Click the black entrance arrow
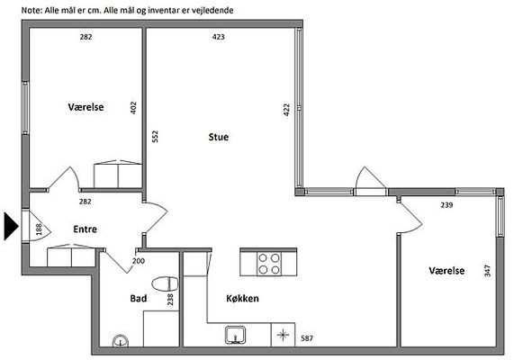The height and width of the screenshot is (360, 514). [11, 226]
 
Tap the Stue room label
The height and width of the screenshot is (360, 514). [219, 137]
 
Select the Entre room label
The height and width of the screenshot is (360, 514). [85, 229]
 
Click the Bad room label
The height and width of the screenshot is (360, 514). [139, 299]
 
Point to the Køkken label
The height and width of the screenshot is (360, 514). [242, 299]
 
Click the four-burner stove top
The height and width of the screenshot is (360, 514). [269, 264]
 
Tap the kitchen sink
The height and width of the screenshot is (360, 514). [236, 335]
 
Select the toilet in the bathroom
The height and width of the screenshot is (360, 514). [166, 284]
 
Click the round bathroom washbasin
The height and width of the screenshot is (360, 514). [121, 341]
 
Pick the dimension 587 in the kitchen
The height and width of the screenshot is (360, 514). [307, 338]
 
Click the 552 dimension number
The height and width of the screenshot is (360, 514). [155, 137]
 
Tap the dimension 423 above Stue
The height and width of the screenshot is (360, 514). [219, 37]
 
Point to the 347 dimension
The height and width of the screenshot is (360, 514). [488, 271]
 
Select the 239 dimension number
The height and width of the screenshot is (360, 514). [446, 205]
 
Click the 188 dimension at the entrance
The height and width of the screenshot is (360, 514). [39, 229]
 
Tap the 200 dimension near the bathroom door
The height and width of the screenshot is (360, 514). [139, 261]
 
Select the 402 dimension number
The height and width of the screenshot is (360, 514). [133, 108]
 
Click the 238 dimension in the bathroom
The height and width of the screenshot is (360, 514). [170, 300]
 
